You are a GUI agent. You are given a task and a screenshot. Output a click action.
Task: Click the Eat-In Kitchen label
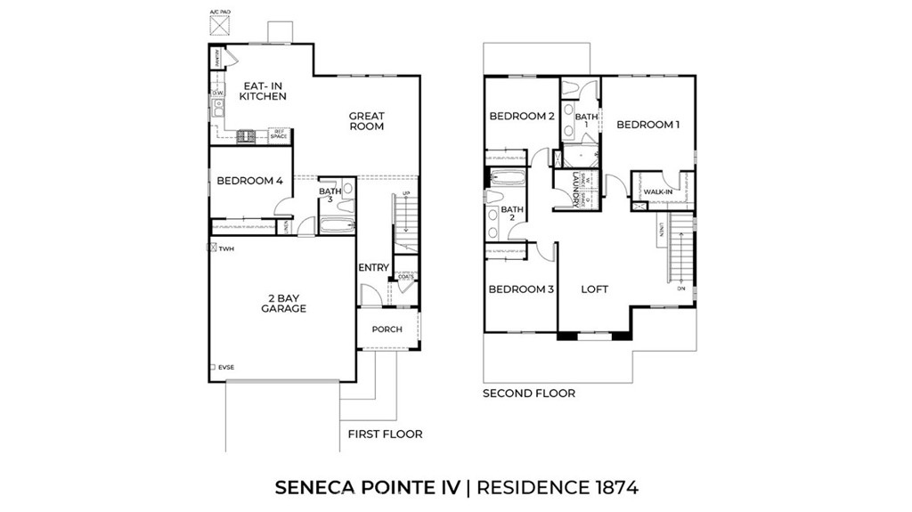[264, 91]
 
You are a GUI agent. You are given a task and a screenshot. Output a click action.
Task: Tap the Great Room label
[366, 121]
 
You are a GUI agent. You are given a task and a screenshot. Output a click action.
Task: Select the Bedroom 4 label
[249, 181]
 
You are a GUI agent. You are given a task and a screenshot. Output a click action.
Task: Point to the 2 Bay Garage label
[283, 303]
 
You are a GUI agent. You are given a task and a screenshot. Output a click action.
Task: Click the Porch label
[387, 329]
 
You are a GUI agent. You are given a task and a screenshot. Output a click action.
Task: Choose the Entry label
[373, 268]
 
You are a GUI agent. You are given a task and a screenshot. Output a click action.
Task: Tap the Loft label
[594, 289]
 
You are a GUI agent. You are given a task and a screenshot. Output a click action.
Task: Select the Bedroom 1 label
[647, 125]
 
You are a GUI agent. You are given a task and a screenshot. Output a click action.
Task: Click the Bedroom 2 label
[522, 117]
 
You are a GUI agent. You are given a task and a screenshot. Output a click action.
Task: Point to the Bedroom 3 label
[521, 289]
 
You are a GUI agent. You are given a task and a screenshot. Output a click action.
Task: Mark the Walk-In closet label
[658, 191]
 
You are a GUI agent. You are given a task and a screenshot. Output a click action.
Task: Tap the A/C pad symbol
[219, 25]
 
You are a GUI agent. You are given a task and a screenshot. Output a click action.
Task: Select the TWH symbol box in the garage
[212, 248]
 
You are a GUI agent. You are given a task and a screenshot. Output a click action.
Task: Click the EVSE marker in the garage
[212, 367]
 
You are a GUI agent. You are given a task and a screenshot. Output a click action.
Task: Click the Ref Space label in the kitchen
[279, 134]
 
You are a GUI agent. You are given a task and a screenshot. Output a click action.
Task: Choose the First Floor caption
[385, 435]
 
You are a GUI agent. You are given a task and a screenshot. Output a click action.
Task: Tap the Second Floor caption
[529, 393]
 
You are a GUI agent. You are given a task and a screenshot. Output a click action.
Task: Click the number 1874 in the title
[615, 487]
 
